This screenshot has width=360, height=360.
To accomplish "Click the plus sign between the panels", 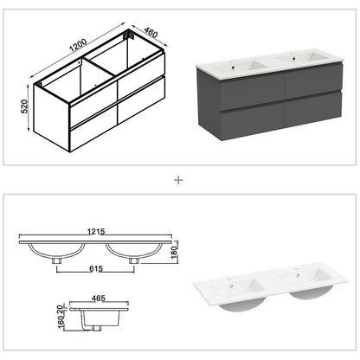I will [x=179, y=181].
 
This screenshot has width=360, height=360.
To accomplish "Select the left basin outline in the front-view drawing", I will [x=58, y=251].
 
